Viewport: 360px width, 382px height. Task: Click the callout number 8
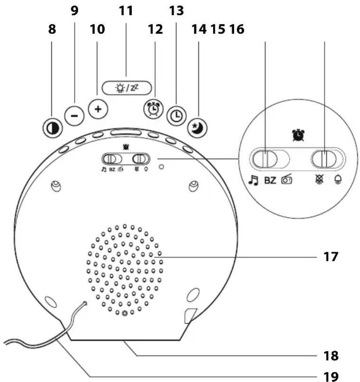pyautogui.click(x=52, y=30)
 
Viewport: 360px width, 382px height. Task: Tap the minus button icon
pyautogui.click(x=74, y=116)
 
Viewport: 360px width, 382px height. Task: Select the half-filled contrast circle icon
pyautogui.click(x=52, y=127)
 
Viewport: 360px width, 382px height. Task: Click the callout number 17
pyautogui.click(x=328, y=256)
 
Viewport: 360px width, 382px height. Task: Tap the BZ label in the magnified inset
pyautogui.click(x=270, y=181)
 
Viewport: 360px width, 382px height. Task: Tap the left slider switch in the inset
pyautogui.click(x=264, y=159)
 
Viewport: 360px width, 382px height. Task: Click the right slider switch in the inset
pyautogui.click(x=324, y=159)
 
